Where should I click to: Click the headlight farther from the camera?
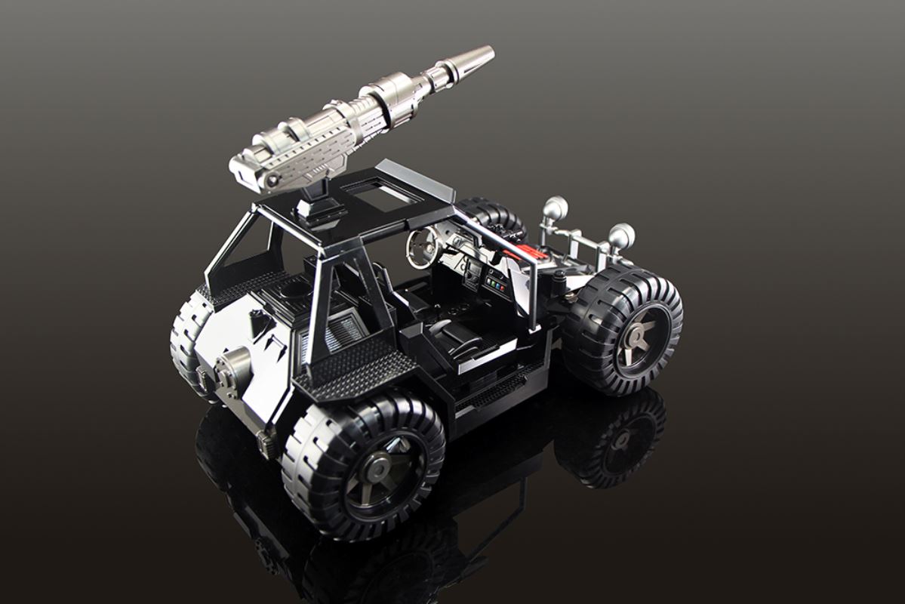[x=556, y=207]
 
